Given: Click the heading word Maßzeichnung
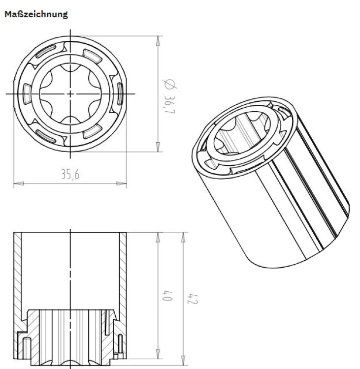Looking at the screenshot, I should [36, 14].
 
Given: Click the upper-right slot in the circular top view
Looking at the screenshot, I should [93, 53].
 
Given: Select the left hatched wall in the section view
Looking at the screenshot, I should [18, 271].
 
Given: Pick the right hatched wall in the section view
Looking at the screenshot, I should [123, 271].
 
